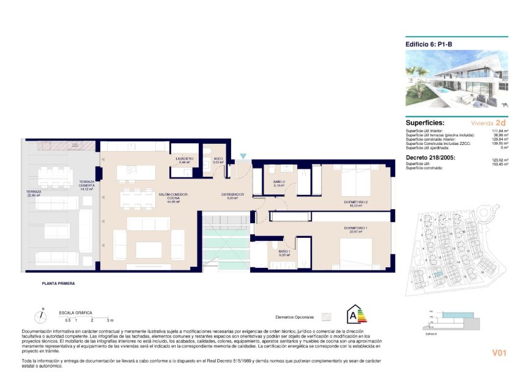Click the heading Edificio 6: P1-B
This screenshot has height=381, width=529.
[x=429, y=44]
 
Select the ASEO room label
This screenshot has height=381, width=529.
[x=218, y=159]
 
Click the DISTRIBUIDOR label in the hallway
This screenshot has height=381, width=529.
[x=232, y=195]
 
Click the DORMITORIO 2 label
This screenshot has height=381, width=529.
[x=355, y=202]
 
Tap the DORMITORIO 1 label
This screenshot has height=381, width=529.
[x=355, y=229]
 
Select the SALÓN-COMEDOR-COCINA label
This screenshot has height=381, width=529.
[x=174, y=197]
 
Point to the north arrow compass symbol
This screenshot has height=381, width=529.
[x=40, y=316]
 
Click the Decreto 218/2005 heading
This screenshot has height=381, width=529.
[x=431, y=157]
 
